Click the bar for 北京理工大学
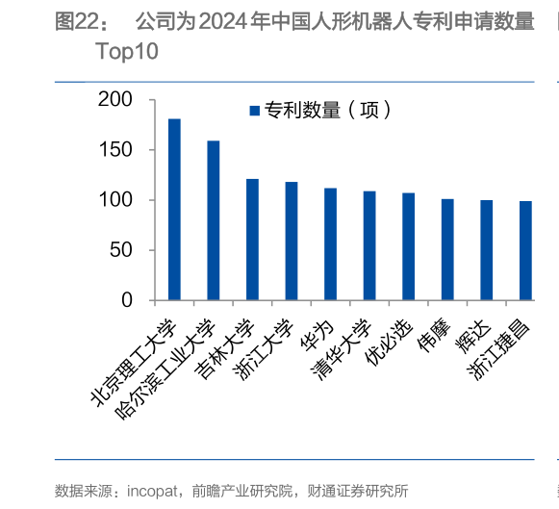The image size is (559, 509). pyautogui.click(x=174, y=210)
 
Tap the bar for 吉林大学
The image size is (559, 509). pyautogui.click(x=252, y=240)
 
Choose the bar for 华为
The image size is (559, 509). pyautogui.click(x=330, y=244)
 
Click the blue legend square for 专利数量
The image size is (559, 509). pyautogui.click(x=255, y=111)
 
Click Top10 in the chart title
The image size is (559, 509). pyautogui.click(x=127, y=52)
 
